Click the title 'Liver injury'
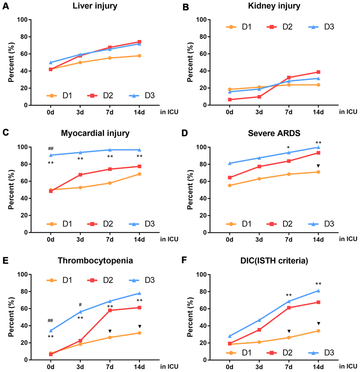[95, 6]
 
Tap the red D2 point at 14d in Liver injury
[139, 42]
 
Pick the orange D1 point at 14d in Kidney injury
[318, 85]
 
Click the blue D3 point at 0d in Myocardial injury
[51, 155]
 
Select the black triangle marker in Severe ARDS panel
[318, 166]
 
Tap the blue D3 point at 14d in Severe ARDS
[318, 147]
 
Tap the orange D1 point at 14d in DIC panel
[318, 331]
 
